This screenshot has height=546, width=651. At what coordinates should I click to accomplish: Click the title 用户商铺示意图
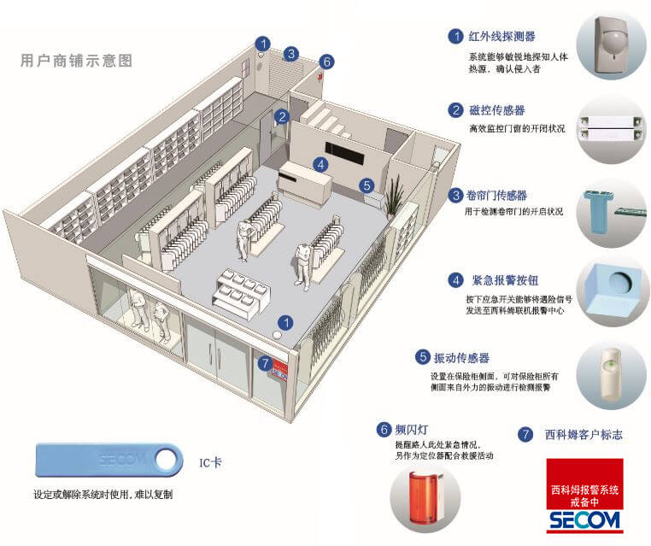point(77,62)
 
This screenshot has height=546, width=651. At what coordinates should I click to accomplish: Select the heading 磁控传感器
point(496,110)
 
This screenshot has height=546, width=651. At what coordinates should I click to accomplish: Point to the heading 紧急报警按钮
point(505,279)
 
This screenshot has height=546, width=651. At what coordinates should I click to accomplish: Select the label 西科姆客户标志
point(584,434)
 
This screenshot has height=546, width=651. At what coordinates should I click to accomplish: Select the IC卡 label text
point(210,461)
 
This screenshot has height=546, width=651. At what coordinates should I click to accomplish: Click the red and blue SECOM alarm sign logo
point(585,496)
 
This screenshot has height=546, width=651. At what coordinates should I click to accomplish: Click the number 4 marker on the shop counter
point(320,164)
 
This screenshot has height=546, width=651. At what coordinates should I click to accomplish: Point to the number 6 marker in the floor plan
point(325,62)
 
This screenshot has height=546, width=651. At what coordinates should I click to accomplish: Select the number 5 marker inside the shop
point(366,185)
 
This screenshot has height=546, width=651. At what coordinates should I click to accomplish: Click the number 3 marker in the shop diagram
point(290,54)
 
